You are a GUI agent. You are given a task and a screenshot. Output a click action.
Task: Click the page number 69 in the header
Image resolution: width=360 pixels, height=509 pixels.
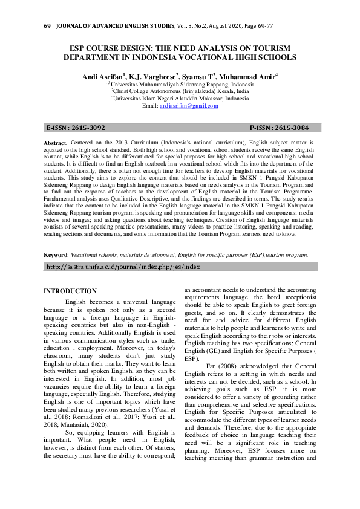pyautogui.click(x=47, y=27)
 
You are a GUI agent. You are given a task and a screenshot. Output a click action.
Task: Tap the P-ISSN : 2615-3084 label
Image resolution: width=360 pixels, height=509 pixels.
pyautogui.click(x=279, y=128)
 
